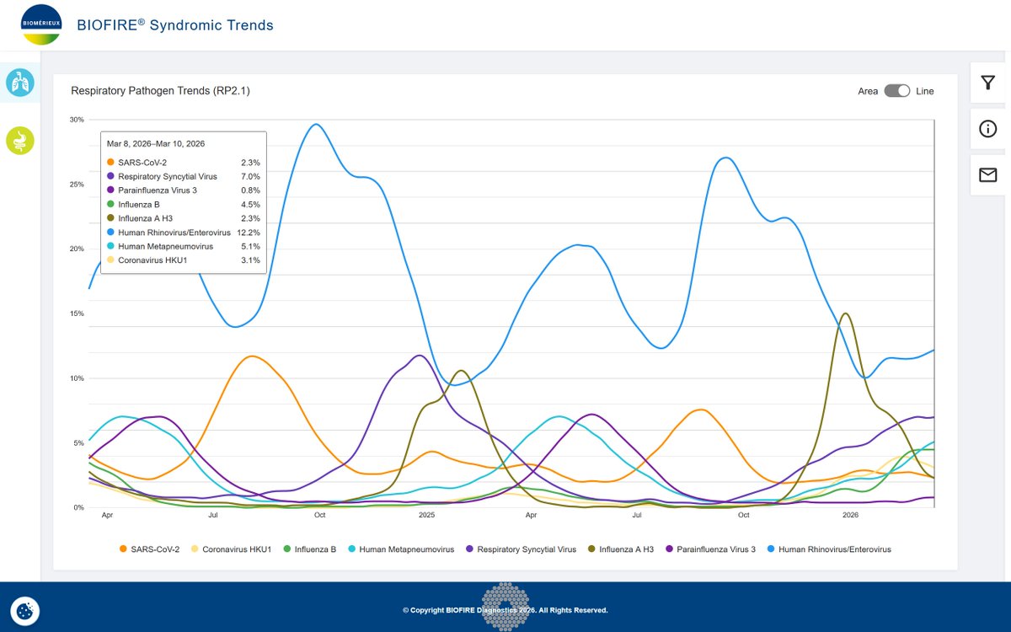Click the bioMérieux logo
pyautogui.click(x=41, y=24)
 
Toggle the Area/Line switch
pyautogui.click(x=896, y=91)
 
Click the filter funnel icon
pyautogui.click(x=987, y=83)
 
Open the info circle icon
pyautogui.click(x=987, y=129)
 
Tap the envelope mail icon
pyautogui.click(x=987, y=174)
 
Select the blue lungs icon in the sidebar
pyautogui.click(x=20, y=83)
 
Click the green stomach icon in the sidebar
pyautogui.click(x=20, y=141)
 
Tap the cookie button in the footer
pyautogui.click(x=24, y=611)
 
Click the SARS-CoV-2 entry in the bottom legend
pyautogui.click(x=149, y=549)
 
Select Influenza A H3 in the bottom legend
pyautogui.click(x=621, y=549)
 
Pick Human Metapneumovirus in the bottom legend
pyautogui.click(x=401, y=549)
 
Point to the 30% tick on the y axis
pyautogui.click(x=77, y=120)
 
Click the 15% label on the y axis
pyautogui.click(x=77, y=313)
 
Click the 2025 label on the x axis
pyautogui.click(x=426, y=515)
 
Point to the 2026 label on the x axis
pyautogui.click(x=850, y=515)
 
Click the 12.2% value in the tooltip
pyautogui.click(x=249, y=233)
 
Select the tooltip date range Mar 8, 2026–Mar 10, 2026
pyautogui.click(x=156, y=143)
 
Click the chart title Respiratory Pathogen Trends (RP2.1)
pyautogui.click(x=160, y=91)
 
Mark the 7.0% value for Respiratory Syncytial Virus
pyautogui.click(x=250, y=176)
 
